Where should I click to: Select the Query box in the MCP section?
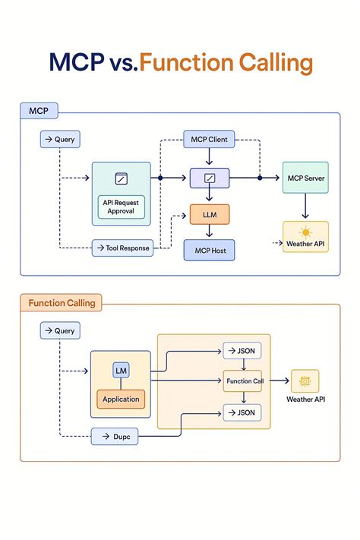click(60, 140)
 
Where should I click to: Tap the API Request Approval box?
click(121, 207)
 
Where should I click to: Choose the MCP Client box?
click(210, 140)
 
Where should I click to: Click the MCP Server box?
click(305, 178)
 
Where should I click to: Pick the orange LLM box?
click(210, 216)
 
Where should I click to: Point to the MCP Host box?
click(210, 251)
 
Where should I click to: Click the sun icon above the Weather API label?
click(305, 232)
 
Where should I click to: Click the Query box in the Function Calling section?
click(60, 331)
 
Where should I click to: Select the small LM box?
click(121, 370)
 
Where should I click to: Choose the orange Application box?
click(121, 399)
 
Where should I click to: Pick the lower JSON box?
click(243, 412)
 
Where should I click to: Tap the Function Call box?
click(243, 381)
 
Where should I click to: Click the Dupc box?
click(121, 437)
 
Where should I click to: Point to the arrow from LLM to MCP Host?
click(210, 232)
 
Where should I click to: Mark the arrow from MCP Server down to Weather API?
click(305, 206)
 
